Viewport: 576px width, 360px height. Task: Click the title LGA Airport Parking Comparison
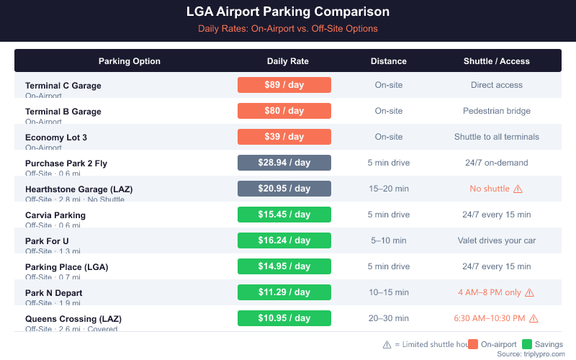tap(288, 12)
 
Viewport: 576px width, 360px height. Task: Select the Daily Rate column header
tap(288, 61)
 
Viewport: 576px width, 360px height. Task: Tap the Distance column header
tap(389, 61)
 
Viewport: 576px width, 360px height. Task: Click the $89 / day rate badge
tap(284, 85)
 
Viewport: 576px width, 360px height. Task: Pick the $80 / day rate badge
tap(284, 111)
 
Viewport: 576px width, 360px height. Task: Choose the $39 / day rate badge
tap(284, 137)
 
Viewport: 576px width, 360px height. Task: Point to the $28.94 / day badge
tap(284, 163)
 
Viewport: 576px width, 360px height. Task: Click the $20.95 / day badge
tap(284, 189)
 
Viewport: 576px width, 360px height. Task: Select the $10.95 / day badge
tap(284, 318)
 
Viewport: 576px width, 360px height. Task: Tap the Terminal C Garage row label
tap(63, 86)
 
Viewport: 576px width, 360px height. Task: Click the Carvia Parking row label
tap(55, 215)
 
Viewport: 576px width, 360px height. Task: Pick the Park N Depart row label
tap(54, 293)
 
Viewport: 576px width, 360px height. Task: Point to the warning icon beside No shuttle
tap(517, 189)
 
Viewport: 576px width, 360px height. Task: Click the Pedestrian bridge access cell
tap(497, 111)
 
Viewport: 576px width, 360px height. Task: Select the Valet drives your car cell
tap(497, 240)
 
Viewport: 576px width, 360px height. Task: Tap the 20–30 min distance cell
tap(389, 318)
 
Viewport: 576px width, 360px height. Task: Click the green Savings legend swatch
tap(526, 344)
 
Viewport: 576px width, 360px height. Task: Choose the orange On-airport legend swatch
tap(473, 344)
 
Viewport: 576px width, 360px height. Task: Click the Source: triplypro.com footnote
tap(530, 354)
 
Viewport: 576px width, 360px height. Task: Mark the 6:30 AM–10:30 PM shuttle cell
tap(490, 318)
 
